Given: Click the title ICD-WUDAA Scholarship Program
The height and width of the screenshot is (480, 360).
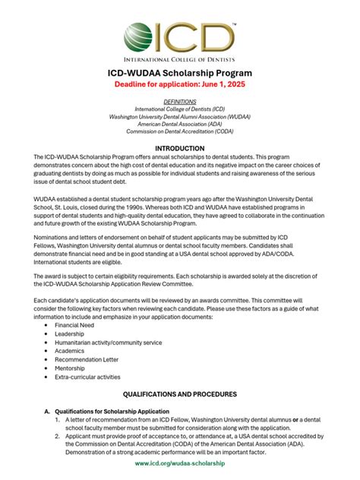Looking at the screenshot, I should coord(180,71).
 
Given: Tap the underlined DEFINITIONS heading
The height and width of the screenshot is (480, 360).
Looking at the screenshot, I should coord(180,101).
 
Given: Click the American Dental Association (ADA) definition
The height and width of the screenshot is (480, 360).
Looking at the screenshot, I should coord(180,125).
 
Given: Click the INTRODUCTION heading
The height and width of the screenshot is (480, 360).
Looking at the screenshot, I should coord(180,148).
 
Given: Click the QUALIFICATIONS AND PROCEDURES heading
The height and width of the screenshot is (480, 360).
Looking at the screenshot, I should coord(180,395).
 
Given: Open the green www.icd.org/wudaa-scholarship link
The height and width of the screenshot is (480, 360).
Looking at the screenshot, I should coord(180,463).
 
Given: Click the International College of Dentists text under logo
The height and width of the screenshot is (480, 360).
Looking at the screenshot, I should coord(180,57).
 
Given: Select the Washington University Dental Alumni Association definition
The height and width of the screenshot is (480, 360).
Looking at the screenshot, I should coord(180,117).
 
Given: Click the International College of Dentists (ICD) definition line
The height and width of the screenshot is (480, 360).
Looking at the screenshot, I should coord(180,109).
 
